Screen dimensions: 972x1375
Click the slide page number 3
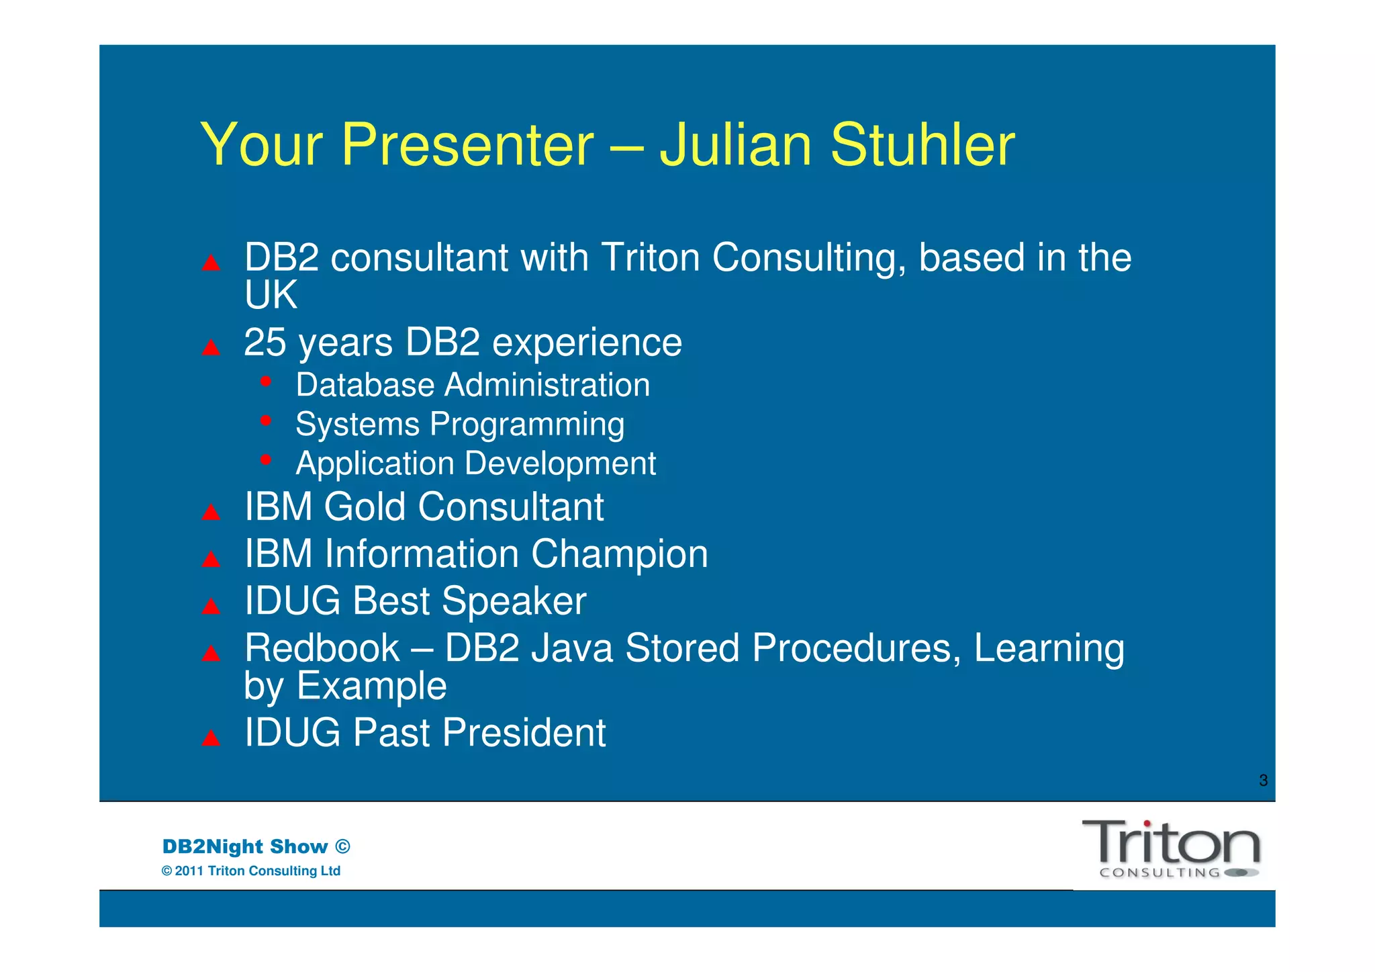1263,781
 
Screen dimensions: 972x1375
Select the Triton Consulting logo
1170,848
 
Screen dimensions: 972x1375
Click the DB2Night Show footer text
256,846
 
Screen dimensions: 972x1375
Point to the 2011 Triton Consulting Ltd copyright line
251,871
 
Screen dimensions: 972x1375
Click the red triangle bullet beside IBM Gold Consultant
211,513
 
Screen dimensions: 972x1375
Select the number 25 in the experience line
265,343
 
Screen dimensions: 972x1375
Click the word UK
271,296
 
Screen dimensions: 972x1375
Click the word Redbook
322,649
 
